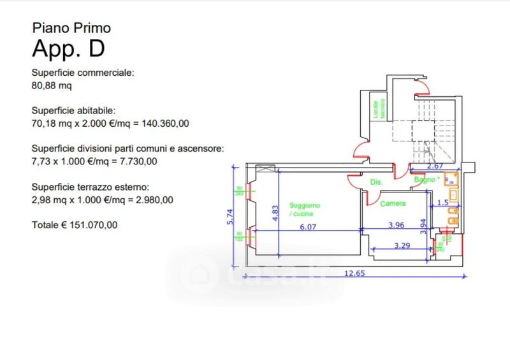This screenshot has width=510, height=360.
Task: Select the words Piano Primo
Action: coord(71,27)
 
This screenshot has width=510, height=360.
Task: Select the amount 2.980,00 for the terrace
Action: coord(151,199)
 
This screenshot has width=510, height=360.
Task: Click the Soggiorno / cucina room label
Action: coord(305,210)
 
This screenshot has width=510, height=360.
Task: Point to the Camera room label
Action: coord(393,204)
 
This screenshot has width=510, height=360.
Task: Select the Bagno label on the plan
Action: coord(424,180)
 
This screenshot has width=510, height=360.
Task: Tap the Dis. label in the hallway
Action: coord(376,183)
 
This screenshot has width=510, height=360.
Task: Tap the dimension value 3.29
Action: coord(402,245)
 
